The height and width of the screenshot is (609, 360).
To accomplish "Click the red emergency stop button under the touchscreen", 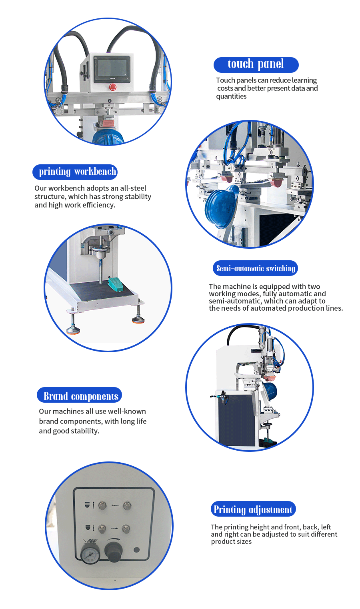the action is [x=113, y=87].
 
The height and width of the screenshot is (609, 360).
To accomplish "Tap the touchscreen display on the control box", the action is [x=112, y=69].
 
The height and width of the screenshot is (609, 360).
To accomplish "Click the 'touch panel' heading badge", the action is [x=256, y=65].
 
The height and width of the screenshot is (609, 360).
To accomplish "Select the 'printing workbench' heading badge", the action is [x=75, y=172].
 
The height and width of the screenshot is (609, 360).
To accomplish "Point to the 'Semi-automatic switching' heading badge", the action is [x=255, y=268].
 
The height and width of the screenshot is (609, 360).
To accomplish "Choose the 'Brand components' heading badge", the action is [x=79, y=395].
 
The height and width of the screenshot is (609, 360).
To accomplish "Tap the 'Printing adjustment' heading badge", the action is [x=253, y=509].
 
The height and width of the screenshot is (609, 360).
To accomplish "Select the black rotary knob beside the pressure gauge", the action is [x=114, y=551].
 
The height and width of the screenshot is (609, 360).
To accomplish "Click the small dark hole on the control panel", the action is [x=137, y=550].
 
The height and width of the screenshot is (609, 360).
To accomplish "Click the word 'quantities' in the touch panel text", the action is [x=231, y=96].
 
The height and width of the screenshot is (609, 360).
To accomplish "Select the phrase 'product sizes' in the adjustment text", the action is [x=231, y=541].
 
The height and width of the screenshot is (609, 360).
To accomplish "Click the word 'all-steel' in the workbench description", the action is [x=133, y=188].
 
